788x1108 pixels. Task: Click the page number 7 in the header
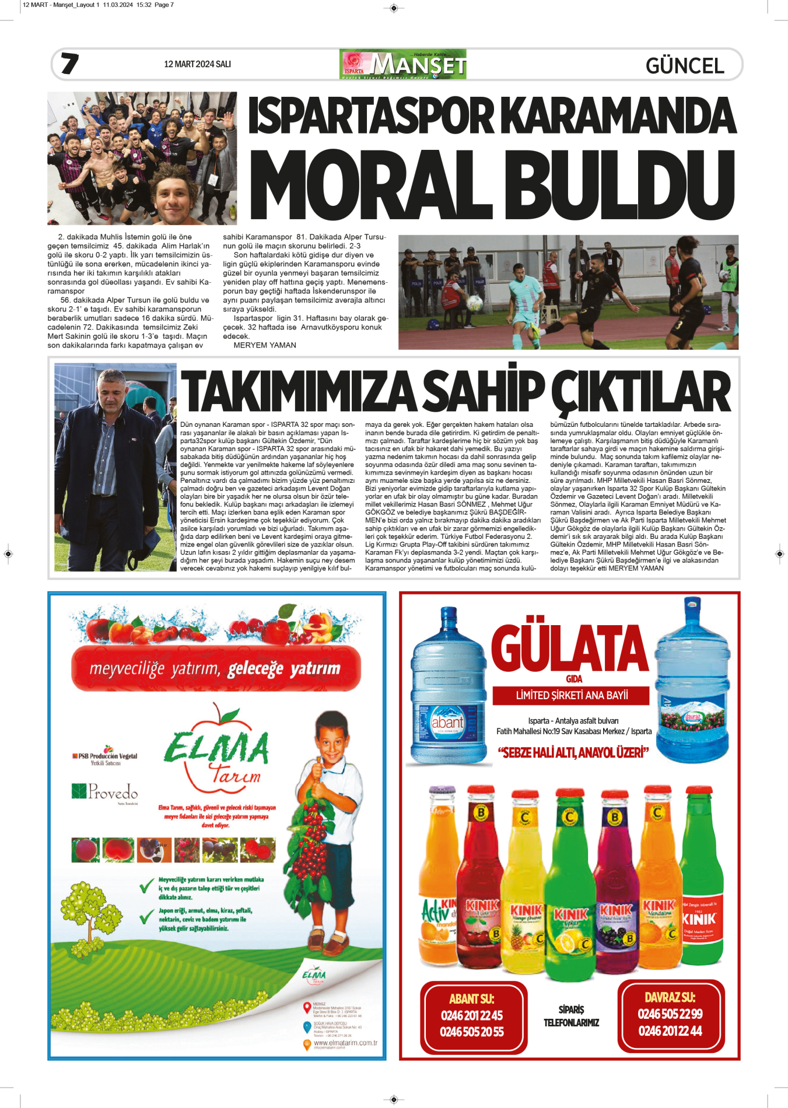69,63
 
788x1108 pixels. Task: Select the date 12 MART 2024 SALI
197,64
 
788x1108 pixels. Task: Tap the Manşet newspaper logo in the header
402,64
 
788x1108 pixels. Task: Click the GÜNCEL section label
685,66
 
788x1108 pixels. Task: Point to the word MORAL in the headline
370,186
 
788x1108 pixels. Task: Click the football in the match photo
475,302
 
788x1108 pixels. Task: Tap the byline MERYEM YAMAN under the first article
265,345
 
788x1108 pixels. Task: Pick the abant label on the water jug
447,723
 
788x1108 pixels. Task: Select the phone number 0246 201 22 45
471,1015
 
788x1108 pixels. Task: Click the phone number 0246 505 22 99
670,1014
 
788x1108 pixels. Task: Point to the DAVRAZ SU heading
670,997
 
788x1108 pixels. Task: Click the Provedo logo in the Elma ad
105,791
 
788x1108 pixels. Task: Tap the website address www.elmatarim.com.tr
345,1043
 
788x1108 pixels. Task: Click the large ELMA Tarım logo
217,751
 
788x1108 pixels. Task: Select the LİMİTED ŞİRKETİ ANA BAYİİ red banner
571,695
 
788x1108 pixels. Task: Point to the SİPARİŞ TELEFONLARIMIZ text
571,1016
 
